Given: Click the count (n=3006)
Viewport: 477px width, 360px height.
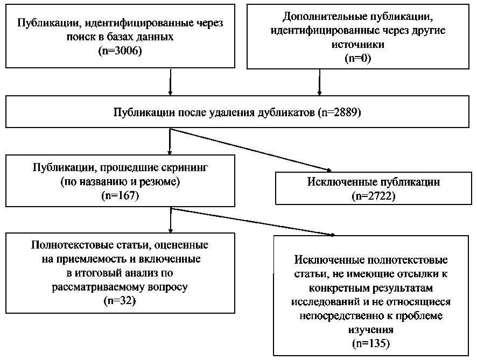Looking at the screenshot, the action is [120, 51].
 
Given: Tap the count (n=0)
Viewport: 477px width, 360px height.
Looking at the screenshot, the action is [358, 58].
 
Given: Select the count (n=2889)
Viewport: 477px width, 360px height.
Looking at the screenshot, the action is [340, 112].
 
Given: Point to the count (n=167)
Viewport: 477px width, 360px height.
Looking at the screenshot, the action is [120, 195].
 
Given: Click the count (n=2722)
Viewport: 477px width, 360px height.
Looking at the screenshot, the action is [374, 196].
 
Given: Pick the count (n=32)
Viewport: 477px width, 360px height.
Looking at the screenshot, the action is [120, 301].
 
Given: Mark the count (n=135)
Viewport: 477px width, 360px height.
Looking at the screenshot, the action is [371, 343].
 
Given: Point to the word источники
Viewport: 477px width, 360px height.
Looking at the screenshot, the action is [358, 44].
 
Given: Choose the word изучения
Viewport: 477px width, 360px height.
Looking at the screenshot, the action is [371, 329].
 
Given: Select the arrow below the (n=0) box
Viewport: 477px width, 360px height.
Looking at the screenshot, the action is [319, 82].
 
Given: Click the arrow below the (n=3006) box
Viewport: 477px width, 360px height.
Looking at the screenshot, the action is [170, 82].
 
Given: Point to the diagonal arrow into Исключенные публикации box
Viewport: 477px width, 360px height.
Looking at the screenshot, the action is [251, 150].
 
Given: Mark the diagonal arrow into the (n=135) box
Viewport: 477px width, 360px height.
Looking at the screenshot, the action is [253, 222].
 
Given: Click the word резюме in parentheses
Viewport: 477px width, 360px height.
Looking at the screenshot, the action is [157, 182].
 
